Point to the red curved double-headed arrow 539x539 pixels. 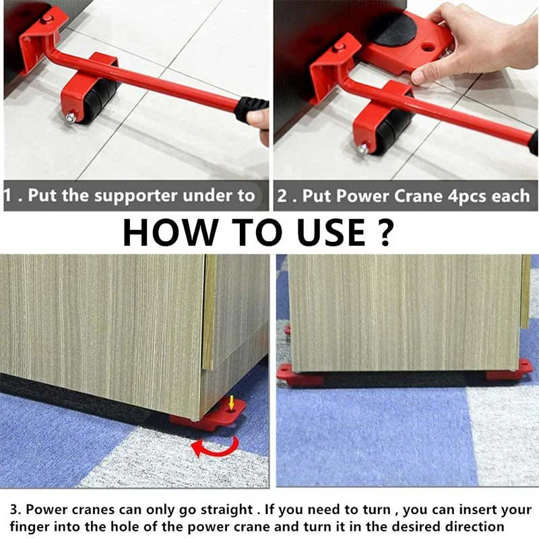(x=214, y=447)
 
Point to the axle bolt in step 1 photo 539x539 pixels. (x=69, y=119)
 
